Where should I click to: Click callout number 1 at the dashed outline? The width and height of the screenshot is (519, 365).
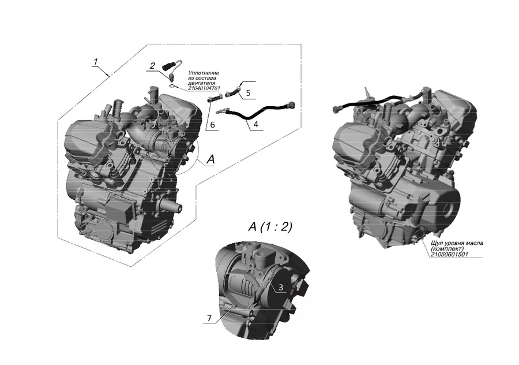96,62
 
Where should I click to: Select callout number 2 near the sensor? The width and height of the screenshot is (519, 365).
152,66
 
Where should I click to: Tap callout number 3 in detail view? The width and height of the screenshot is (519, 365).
281,288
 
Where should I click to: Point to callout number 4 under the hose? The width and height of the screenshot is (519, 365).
255,125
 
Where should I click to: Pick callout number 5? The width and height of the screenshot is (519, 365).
248,93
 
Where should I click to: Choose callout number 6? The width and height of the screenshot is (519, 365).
212,125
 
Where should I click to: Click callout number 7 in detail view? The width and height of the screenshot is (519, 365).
209,318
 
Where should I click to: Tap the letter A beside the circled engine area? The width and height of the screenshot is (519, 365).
210,159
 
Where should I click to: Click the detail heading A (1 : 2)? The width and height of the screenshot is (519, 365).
270,227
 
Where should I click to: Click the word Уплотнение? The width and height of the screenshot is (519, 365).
204,73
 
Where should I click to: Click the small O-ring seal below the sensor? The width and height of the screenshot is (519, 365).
172,87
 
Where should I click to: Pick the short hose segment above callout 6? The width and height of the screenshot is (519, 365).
214,98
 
